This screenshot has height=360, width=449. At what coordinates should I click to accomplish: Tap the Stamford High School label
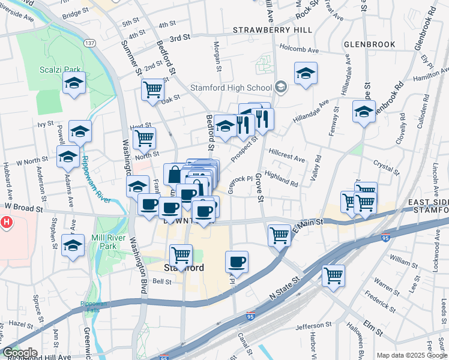231,88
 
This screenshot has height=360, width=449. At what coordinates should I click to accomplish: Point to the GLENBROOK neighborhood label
370,44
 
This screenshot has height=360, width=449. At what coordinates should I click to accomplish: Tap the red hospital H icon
6,223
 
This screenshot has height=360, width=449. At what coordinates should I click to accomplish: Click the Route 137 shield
90,43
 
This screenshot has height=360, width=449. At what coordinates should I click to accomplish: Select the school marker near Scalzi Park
74,83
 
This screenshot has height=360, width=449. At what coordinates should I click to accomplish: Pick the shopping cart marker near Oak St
153,89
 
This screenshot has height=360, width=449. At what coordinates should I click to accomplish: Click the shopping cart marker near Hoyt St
144,137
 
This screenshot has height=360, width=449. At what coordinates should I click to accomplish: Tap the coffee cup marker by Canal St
237,262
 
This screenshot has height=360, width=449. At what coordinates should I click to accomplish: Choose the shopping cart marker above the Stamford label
181,255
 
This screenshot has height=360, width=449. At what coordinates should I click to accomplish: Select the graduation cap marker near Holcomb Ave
306,73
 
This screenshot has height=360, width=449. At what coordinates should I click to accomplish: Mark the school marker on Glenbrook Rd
364,112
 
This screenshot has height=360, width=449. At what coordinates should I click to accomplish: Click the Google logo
20,353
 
